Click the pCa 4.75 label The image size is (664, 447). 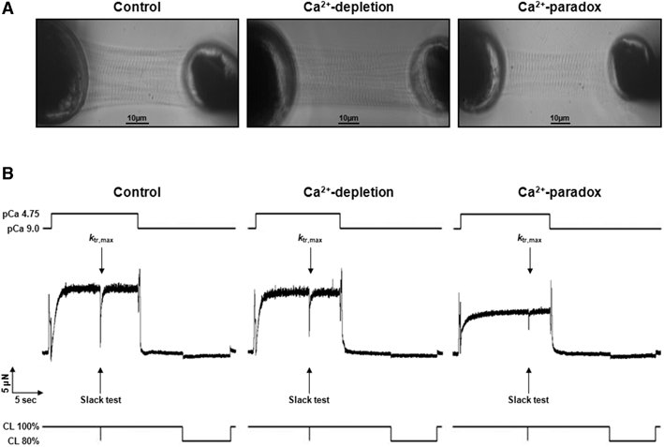(x=22, y=215)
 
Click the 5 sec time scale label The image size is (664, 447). (x=34, y=394)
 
